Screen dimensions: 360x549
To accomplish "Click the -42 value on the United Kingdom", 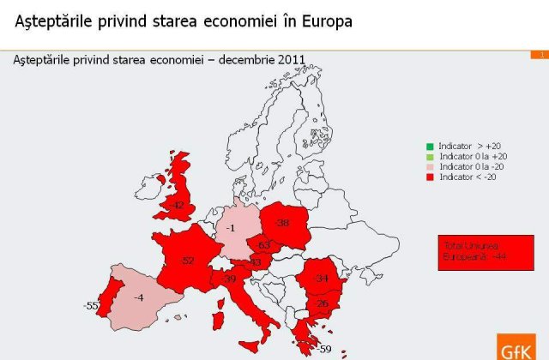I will pyautogui.click(x=177, y=205).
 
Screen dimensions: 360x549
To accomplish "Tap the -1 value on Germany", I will pyautogui.click(x=230, y=229).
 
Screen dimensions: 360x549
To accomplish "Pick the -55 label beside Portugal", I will pyautogui.click(x=90, y=306).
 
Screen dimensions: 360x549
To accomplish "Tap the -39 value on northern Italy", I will pyautogui.click(x=230, y=279).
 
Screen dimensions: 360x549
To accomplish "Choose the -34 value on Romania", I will pyautogui.click(x=323, y=279).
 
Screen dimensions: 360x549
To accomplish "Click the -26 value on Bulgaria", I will pyautogui.click(x=322, y=304).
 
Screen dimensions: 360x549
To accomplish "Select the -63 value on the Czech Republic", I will pyautogui.click(x=264, y=246).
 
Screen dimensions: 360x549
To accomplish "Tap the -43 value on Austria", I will pyautogui.click(x=255, y=262).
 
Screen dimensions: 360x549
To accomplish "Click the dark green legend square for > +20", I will pyautogui.click(x=430, y=146).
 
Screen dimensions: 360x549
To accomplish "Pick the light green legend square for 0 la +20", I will pyautogui.click(x=430, y=156).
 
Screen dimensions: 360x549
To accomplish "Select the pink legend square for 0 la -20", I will pyautogui.click(x=430, y=166).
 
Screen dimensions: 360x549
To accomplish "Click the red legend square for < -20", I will pyautogui.click(x=430, y=177).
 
